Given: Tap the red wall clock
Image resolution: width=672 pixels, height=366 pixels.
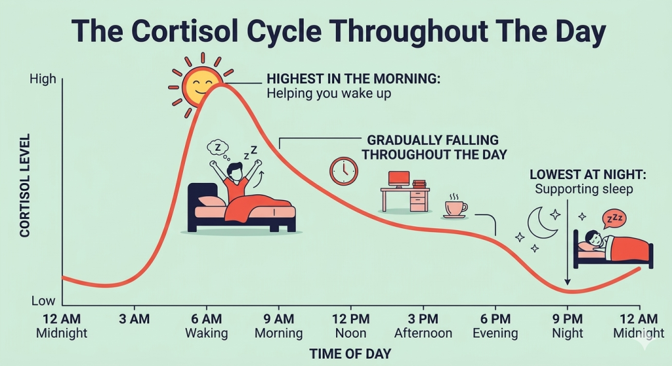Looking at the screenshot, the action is pos(344,171).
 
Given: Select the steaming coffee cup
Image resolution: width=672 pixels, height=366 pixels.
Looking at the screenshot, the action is pos(455,206).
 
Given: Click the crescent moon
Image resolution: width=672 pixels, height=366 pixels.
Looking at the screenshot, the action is pos(541,223).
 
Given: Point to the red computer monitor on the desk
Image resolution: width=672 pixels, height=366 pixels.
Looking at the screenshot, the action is pos(399,179).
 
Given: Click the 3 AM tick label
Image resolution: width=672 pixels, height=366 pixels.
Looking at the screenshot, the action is pos(135,319).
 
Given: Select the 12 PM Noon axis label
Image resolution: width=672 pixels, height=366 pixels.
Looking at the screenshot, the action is pos(351,326).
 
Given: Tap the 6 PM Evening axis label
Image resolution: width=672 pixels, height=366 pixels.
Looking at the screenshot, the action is pos(495,326).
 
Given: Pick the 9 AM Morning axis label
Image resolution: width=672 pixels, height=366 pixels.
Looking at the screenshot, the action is pos(278,326).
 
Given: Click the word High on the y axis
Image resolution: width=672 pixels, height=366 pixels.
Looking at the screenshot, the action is pos(43,79).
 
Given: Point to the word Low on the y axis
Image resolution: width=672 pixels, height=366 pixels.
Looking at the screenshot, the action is pos(43,301).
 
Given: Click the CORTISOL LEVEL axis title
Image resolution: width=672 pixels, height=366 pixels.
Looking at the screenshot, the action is pos(25,185).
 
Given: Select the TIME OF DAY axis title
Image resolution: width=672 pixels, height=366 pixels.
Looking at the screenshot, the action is pos(350,354).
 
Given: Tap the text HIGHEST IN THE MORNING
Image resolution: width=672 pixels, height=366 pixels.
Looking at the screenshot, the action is pos(354,79).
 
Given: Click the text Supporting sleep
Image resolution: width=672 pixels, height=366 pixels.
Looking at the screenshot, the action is pos(583,189).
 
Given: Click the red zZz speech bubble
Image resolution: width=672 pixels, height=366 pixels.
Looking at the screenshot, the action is pos(614,218).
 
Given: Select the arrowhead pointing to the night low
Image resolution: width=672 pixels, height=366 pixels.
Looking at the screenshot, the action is pos(568,282).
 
